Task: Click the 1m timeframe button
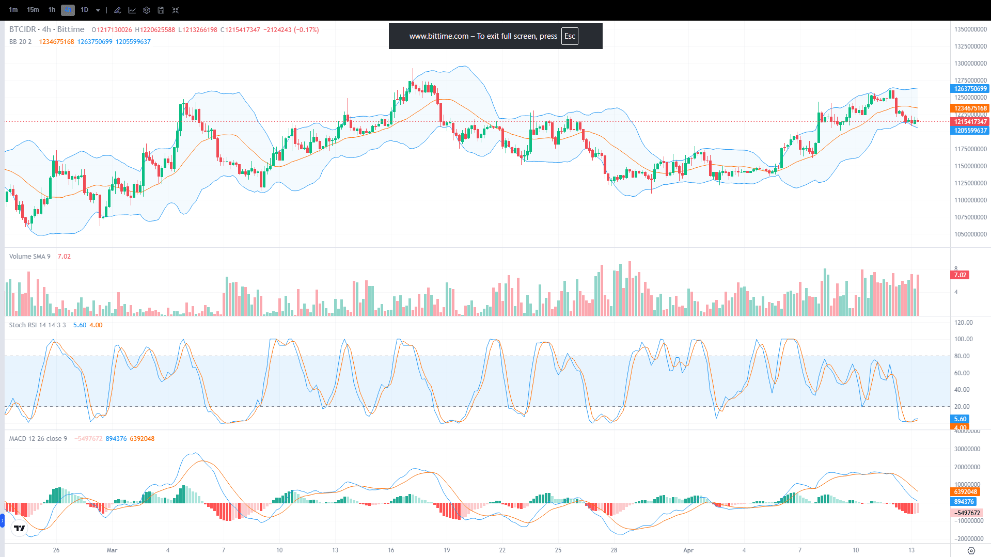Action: [x=13, y=10]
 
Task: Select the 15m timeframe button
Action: [x=33, y=10]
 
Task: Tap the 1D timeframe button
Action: [x=85, y=10]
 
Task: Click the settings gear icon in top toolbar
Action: [x=147, y=10]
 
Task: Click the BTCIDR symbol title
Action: [x=23, y=29]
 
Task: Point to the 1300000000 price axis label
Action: [x=970, y=63]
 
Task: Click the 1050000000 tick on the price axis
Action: [x=970, y=234]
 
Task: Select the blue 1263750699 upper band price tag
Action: [x=970, y=89]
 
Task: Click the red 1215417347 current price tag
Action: [x=970, y=122]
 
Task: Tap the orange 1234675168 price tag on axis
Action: [x=970, y=108]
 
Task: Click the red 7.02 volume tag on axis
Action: [x=960, y=275]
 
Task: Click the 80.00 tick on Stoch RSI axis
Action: [x=962, y=356]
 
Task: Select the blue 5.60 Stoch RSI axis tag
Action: [x=960, y=419]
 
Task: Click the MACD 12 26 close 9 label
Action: [x=38, y=439]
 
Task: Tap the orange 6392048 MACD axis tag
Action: [x=965, y=492]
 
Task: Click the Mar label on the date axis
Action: [x=112, y=550]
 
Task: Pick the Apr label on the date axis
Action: [x=688, y=550]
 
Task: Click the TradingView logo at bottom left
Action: [x=20, y=528]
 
